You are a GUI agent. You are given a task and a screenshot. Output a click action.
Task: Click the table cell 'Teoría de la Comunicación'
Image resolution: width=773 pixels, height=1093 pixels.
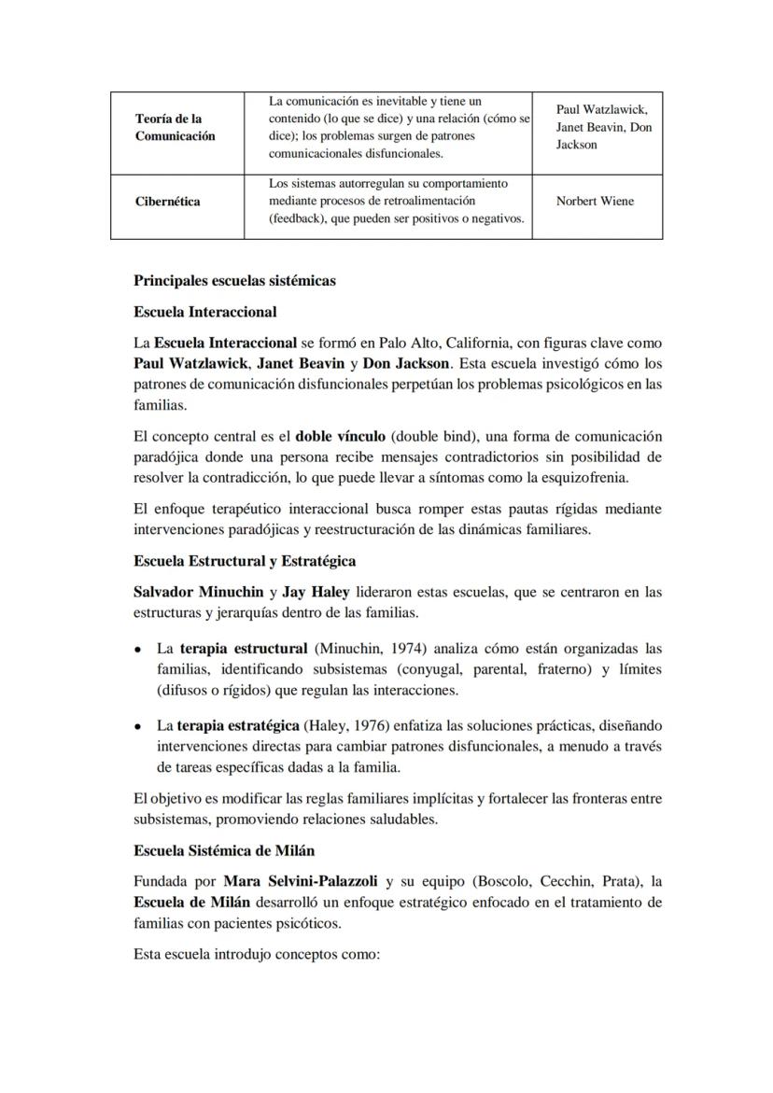click(x=175, y=128)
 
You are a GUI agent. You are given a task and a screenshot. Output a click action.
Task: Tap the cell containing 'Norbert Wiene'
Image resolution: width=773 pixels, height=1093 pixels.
click(x=595, y=202)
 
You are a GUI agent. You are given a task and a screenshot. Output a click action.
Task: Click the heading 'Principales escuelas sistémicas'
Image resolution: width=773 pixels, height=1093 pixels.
click(x=234, y=281)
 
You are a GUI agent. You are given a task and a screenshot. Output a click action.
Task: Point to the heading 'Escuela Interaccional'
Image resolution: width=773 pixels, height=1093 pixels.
click(x=205, y=312)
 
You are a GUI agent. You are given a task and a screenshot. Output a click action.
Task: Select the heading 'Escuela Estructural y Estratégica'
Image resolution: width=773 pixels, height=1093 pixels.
click(x=245, y=561)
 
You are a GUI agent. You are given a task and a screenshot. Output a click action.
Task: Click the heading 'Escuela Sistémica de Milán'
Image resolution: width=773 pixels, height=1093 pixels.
click(x=224, y=850)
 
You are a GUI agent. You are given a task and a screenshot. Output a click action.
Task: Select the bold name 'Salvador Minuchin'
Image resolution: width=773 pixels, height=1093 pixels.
click(x=199, y=592)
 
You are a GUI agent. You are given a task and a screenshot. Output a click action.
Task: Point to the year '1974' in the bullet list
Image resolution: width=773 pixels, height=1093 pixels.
click(x=407, y=648)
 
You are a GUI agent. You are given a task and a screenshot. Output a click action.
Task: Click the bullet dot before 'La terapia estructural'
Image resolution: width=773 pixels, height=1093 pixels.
click(x=138, y=649)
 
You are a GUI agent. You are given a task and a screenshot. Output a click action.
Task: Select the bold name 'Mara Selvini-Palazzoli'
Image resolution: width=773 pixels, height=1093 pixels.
click(x=302, y=881)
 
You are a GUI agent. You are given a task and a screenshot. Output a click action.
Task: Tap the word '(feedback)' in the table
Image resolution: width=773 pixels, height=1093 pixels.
click(x=298, y=218)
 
